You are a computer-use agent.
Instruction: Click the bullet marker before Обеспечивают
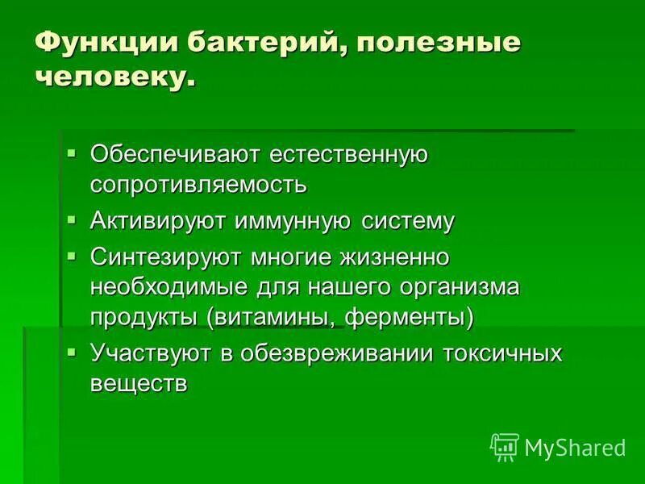coord(72,150)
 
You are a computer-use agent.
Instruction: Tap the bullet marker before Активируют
coord(72,218)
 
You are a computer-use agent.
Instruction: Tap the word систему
coord(407,221)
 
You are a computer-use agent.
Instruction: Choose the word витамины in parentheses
coord(270,317)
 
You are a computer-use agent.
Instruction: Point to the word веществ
coord(138,384)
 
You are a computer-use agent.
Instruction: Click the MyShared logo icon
coord(504,446)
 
